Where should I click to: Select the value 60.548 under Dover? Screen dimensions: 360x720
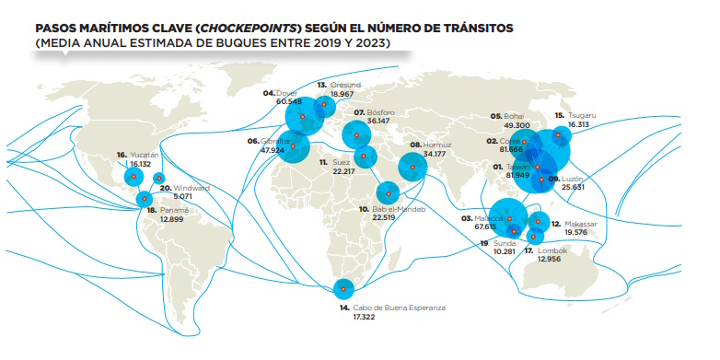pos(279,101)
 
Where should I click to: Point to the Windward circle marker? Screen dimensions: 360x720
pos(158,179)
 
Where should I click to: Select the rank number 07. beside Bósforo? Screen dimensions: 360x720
pos(360,112)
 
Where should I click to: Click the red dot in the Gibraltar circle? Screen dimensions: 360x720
pos(294,145)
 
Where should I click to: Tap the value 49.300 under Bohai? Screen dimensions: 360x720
pos(517,124)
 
